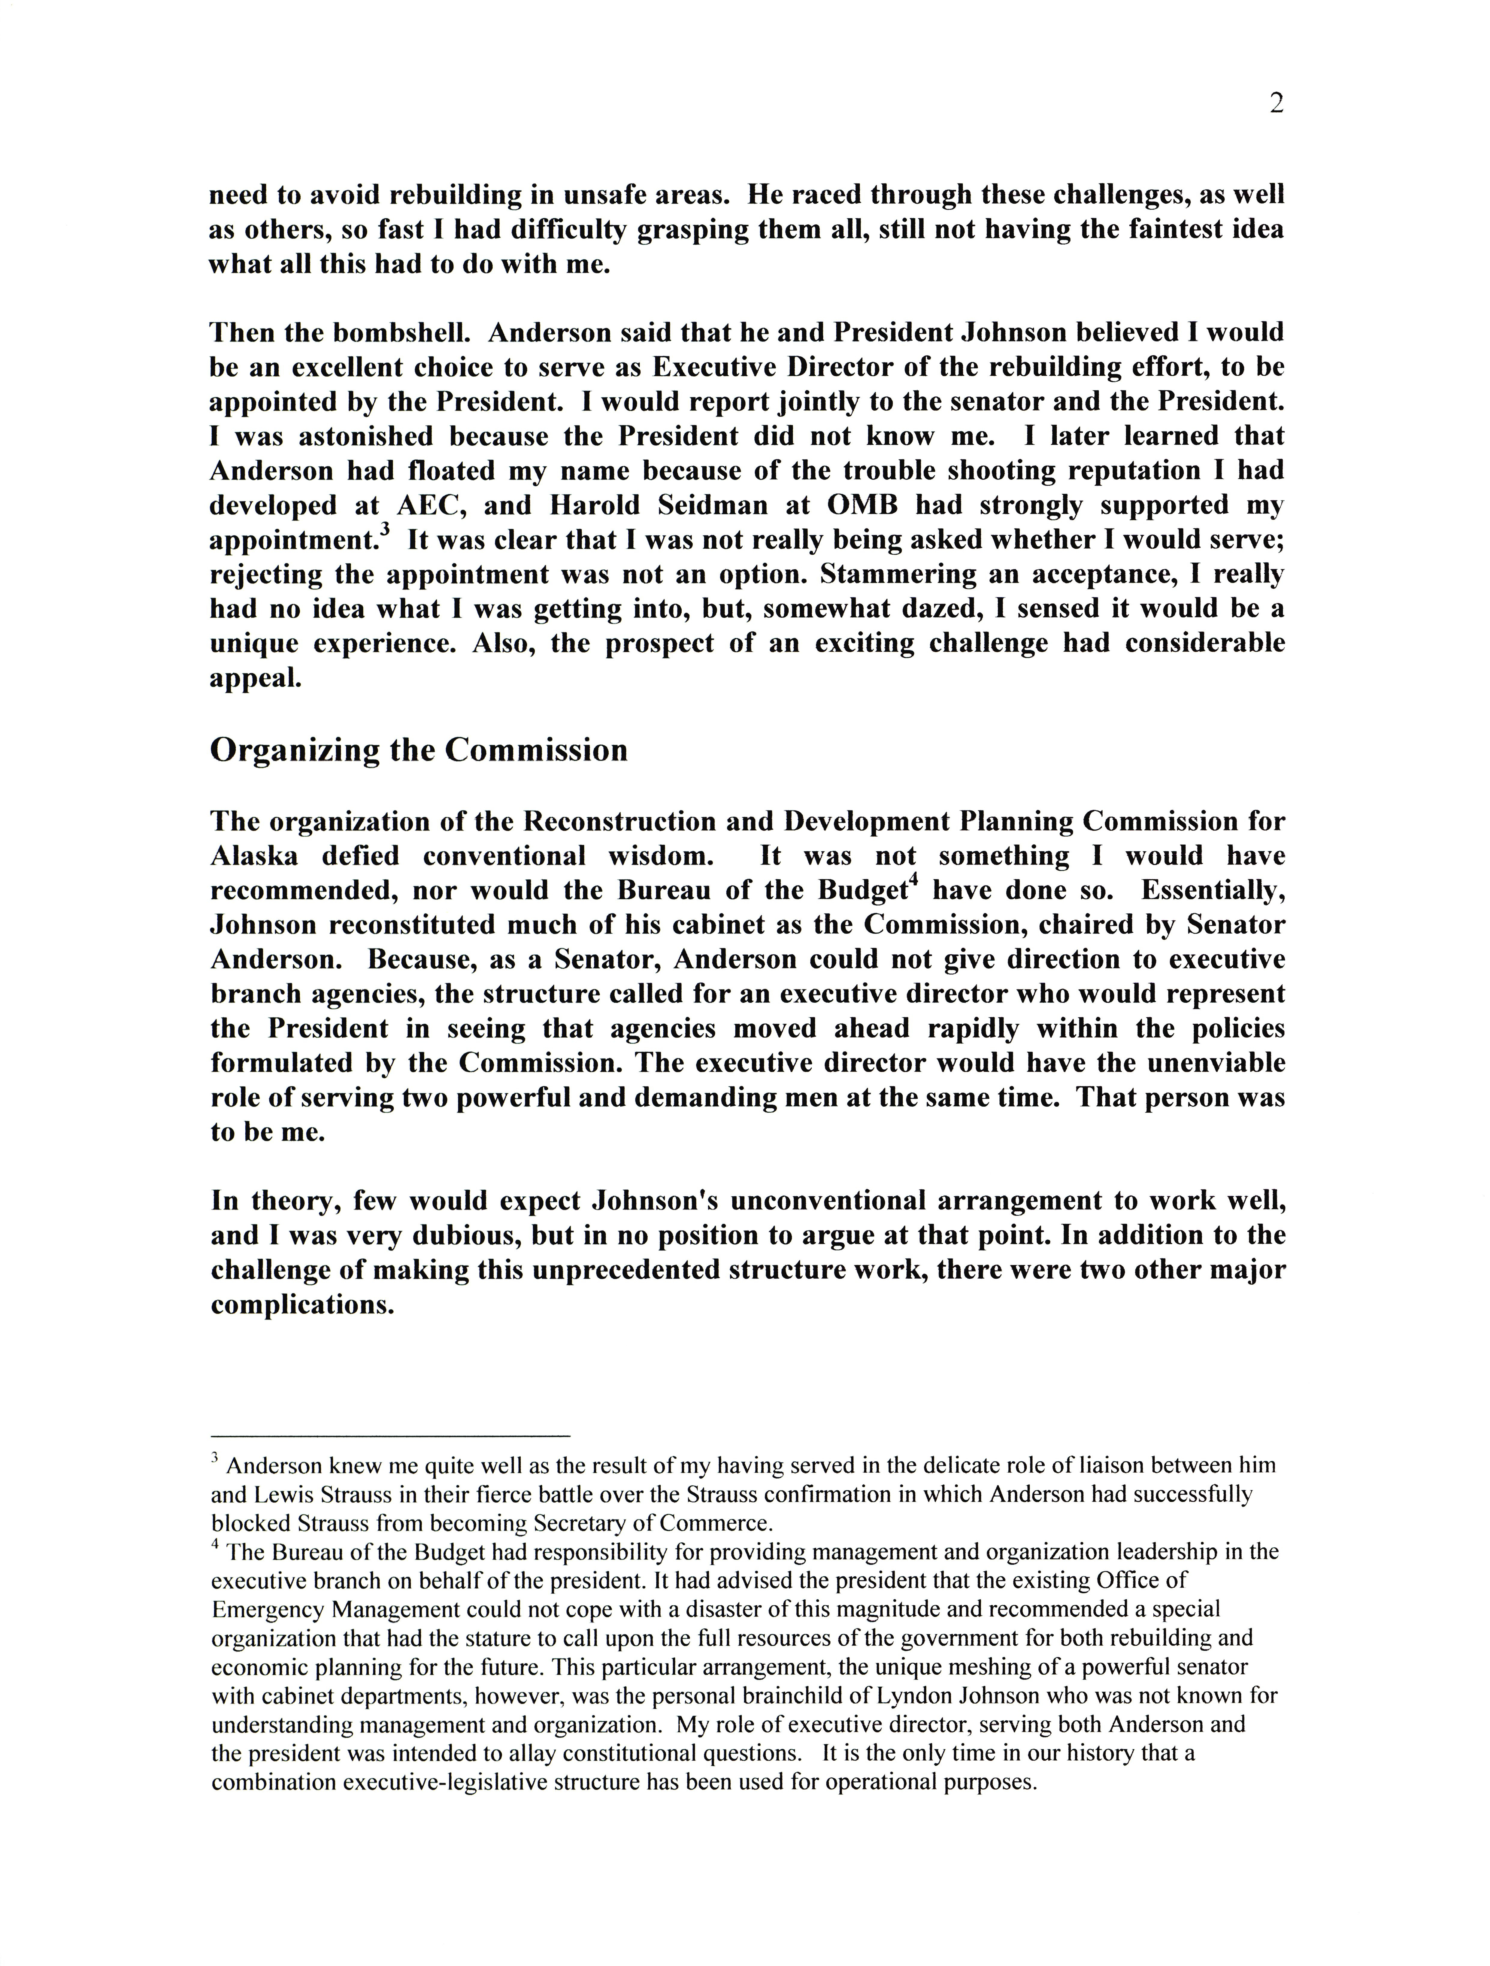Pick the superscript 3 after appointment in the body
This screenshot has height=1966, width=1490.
point(385,531)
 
